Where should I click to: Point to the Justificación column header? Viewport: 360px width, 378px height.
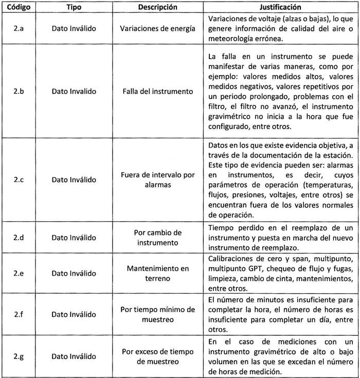pyautogui.click(x=280, y=8)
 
